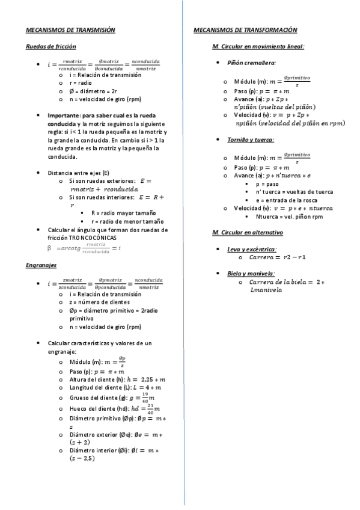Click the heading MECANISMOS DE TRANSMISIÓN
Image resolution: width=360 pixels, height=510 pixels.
click(70, 29)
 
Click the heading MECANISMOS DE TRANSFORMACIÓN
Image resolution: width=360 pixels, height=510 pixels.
click(246, 29)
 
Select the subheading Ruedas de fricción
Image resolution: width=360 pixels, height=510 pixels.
click(50, 46)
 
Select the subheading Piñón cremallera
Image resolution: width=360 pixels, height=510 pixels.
click(252, 63)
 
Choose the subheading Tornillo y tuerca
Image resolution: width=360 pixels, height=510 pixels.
click(251, 140)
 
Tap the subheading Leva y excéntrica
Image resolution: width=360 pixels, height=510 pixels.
click(252, 249)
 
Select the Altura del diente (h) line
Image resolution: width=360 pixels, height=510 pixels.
click(118, 379)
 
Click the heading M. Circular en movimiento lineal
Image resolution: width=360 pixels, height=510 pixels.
click(258, 46)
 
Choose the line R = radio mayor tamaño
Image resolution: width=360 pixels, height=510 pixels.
click(123, 213)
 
